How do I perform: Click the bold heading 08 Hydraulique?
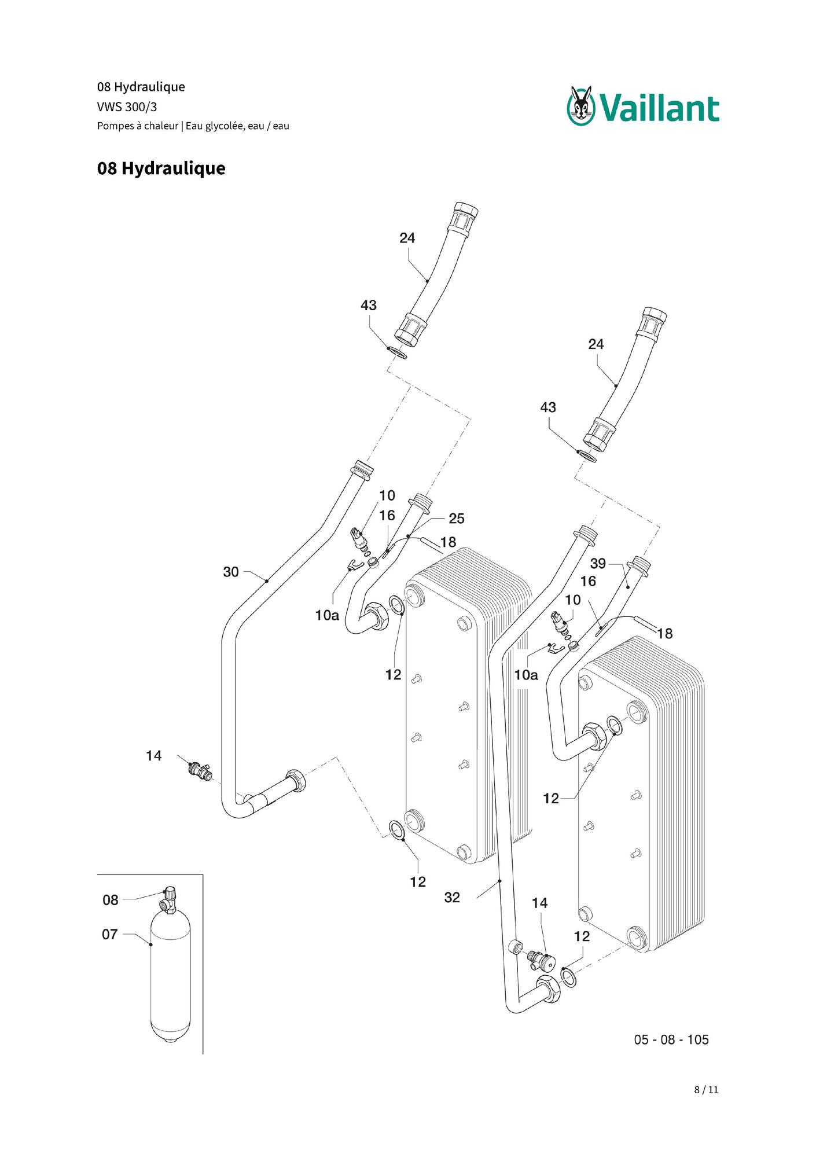click(x=161, y=168)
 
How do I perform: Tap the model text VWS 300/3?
click(x=127, y=106)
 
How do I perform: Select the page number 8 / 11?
click(x=706, y=1089)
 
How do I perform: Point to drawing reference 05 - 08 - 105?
click(x=671, y=1039)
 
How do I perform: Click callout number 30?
click(x=231, y=572)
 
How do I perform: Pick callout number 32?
click(x=452, y=897)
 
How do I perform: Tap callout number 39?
click(x=598, y=563)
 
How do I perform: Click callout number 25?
click(x=457, y=519)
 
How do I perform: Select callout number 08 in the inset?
click(x=111, y=900)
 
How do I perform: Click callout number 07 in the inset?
click(x=110, y=934)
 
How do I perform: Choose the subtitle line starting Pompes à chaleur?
click(x=193, y=126)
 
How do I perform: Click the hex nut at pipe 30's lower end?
click(x=297, y=782)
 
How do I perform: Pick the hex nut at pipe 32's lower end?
click(x=549, y=989)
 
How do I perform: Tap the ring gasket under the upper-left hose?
click(x=398, y=352)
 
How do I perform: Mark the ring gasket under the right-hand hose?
click(x=587, y=455)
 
